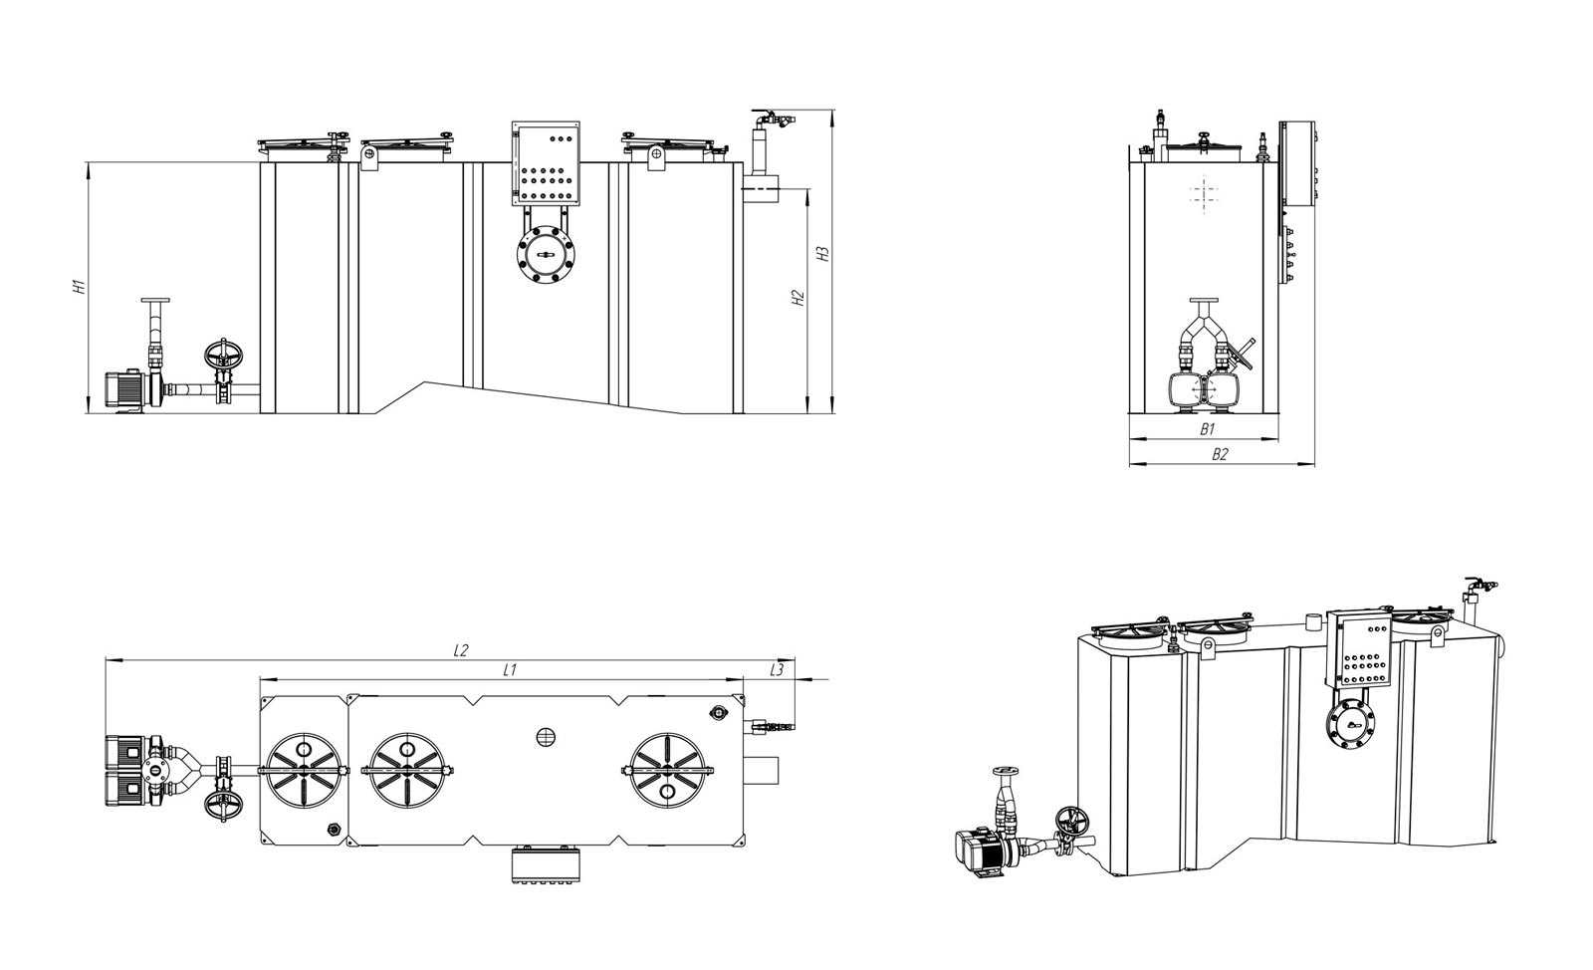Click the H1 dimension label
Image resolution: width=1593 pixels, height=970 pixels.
[x=81, y=287]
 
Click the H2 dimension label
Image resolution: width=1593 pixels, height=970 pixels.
[x=798, y=298]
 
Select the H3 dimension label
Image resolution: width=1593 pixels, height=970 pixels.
[x=823, y=254]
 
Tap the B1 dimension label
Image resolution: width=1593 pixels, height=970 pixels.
[x=1208, y=429]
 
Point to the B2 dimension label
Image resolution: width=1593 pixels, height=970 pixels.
[x=1220, y=454]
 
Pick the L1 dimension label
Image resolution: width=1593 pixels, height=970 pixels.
[x=509, y=669]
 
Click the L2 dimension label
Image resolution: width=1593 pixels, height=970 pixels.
[x=461, y=650]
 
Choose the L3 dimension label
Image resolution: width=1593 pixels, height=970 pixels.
[x=777, y=669]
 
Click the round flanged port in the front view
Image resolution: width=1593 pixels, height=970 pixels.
[x=547, y=255]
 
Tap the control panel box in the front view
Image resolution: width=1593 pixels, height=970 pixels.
[x=546, y=163]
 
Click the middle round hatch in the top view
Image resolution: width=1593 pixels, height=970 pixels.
[x=407, y=771]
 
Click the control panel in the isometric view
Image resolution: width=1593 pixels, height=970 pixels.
[x=1358, y=650]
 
